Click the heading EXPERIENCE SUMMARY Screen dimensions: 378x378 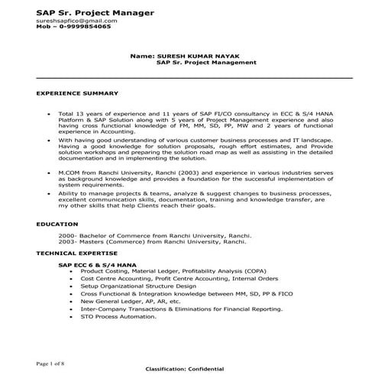[x=66, y=92]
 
